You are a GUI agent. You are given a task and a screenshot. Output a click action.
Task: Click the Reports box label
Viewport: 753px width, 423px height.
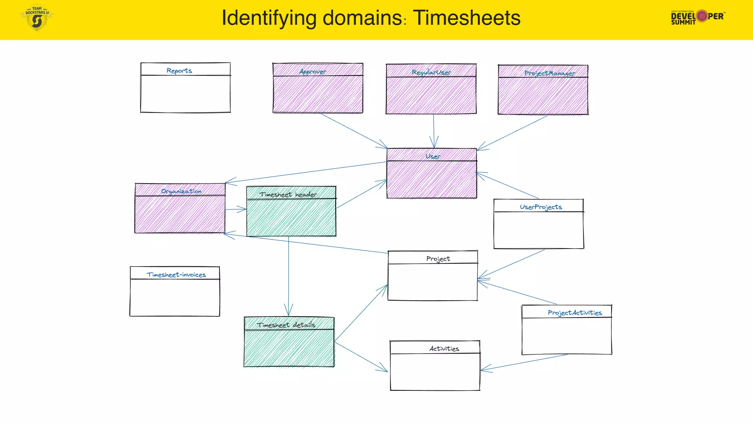179,70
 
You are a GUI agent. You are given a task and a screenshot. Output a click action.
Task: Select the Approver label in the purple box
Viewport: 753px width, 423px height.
313,72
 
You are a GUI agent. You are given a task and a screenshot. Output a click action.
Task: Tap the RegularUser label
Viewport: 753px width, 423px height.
431,72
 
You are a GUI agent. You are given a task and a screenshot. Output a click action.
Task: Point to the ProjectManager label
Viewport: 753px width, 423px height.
550,73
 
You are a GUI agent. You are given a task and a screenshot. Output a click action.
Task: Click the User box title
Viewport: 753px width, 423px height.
433,156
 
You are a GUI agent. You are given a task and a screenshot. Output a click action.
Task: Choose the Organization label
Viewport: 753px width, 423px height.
181,191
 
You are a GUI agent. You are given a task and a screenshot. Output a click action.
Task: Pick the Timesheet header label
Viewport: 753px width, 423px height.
288,195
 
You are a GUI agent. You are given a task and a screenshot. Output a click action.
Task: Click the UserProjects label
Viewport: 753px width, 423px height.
541,207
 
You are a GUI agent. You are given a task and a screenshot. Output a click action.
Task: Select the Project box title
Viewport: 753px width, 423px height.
438,259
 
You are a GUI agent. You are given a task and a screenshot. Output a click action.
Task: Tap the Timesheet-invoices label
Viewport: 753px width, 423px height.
176,275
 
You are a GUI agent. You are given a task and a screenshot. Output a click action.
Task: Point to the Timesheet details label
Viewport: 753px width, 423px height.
286,325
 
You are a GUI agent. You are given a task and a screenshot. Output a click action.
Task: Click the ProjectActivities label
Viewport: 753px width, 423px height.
575,313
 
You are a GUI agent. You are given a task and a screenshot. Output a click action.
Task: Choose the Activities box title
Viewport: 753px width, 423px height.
444,349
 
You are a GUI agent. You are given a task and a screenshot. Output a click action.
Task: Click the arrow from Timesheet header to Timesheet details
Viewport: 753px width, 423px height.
289,275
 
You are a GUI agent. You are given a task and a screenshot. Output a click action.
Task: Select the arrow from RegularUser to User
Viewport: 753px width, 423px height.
434,130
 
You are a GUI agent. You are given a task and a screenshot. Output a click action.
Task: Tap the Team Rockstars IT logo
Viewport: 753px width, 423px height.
37,18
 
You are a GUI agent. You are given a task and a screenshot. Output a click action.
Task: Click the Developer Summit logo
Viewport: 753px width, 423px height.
697,17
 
